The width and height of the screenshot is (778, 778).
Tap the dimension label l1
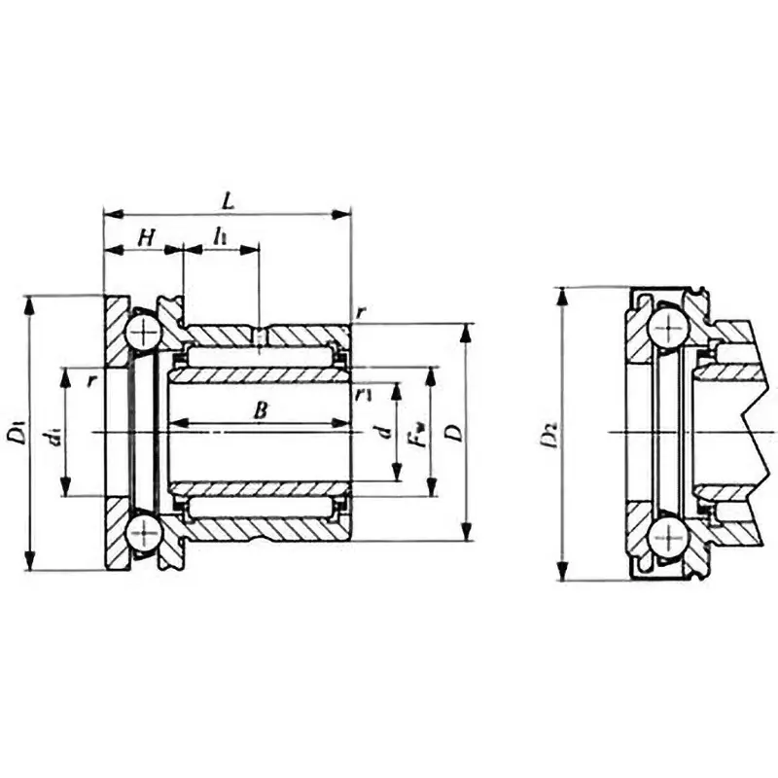click(x=222, y=236)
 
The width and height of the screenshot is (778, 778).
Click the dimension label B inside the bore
click(x=260, y=410)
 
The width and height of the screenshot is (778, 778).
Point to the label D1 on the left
click(x=17, y=431)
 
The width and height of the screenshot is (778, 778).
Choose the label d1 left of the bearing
click(x=54, y=433)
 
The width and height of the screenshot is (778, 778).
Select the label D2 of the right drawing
click(x=549, y=434)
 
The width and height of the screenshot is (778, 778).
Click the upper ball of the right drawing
click(x=669, y=327)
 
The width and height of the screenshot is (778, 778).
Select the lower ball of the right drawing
click(x=669, y=538)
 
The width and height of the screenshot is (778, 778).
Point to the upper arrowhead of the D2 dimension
click(x=561, y=295)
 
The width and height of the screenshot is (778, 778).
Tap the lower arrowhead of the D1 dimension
click(x=30, y=563)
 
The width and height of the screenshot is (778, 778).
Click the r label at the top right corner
click(x=361, y=311)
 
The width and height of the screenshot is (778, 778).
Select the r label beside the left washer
click(x=90, y=380)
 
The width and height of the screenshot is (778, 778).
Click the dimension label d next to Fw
click(x=385, y=432)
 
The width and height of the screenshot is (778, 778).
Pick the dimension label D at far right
click(x=451, y=432)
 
